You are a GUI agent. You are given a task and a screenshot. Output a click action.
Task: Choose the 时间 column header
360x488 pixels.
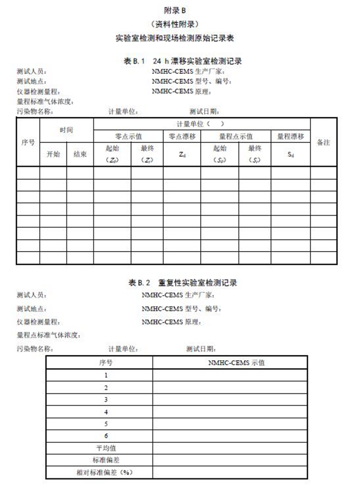click(x=66, y=129)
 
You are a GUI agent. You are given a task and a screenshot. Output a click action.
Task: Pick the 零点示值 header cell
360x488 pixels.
click(x=128, y=136)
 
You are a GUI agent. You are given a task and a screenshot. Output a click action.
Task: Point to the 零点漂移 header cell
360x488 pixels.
click(x=182, y=136)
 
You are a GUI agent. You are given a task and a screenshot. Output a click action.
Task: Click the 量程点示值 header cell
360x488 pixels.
click(x=236, y=136)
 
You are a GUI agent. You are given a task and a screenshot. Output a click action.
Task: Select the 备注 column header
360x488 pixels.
click(x=323, y=142)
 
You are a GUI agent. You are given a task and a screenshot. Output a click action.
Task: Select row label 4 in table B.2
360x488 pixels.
click(x=106, y=411)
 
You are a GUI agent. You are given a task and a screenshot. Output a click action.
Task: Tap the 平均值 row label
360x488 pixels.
click(x=106, y=448)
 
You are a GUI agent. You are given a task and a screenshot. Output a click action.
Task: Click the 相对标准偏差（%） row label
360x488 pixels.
click(x=103, y=472)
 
